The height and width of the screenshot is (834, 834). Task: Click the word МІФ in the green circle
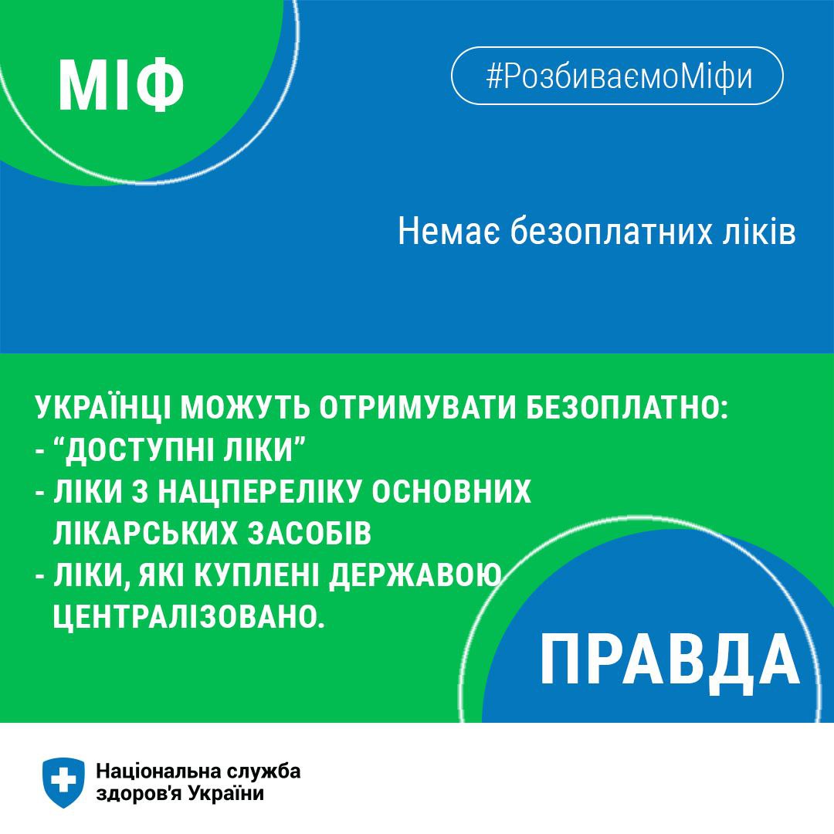tap(121, 85)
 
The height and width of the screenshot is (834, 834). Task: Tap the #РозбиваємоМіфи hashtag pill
tap(617, 76)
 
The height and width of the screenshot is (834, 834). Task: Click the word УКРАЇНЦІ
tap(103, 408)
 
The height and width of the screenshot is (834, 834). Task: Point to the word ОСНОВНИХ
tap(451, 491)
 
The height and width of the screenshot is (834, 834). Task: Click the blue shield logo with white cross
tap(63, 782)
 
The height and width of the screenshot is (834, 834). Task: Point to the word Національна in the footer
tap(158, 771)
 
